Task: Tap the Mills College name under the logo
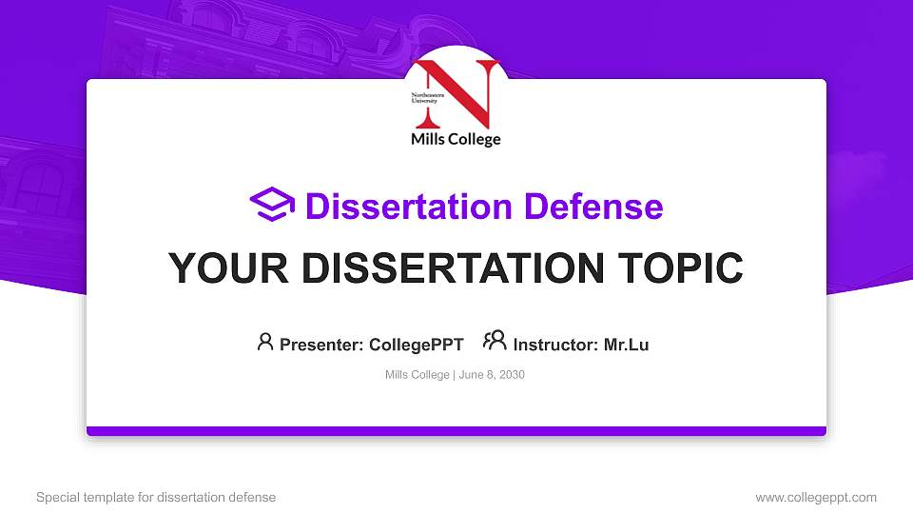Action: click(x=455, y=140)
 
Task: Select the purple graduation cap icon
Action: click(x=272, y=205)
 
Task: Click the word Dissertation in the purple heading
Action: click(x=398, y=206)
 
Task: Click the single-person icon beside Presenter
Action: click(x=265, y=342)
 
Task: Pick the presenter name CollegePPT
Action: click(x=417, y=345)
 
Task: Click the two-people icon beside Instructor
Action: click(x=495, y=341)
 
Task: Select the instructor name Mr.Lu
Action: click(x=627, y=345)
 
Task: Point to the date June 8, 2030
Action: click(x=492, y=375)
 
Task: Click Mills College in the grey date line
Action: click(x=417, y=375)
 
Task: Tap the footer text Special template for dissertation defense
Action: click(x=156, y=497)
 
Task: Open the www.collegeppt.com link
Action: click(x=816, y=497)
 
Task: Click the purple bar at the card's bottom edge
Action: click(x=456, y=431)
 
